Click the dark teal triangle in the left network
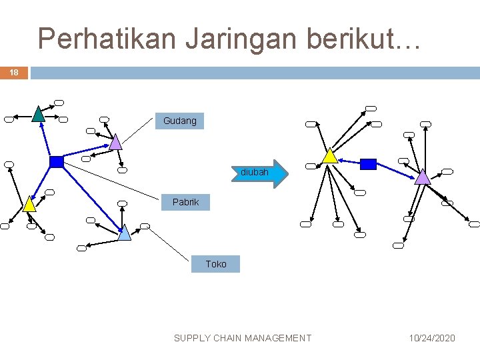coord(39,115)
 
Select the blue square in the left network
coord(57,161)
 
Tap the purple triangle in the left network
coord(115,142)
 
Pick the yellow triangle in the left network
coord(29,205)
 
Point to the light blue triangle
coord(124,233)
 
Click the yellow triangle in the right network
coord(329,156)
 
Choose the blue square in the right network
coord(368,163)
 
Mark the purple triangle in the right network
coord(423,177)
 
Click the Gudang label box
coord(180,121)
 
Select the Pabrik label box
coord(185,201)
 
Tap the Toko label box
coord(215,264)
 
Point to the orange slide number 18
coord(14,73)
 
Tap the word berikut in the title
coord(357,39)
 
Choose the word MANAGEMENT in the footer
coord(278,338)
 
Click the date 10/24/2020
coord(432,338)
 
